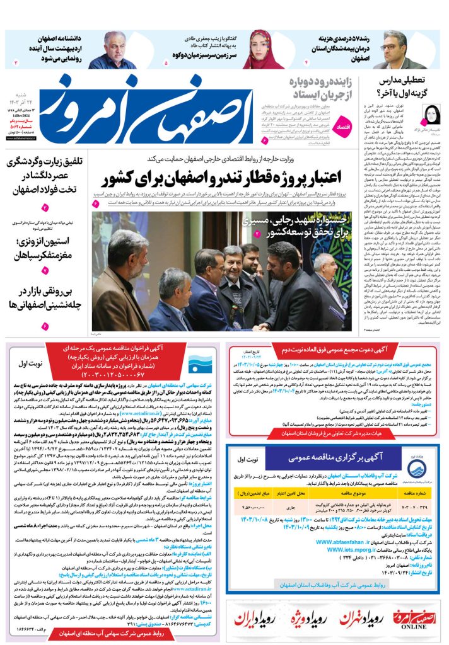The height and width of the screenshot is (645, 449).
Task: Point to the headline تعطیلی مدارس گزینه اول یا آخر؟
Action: pos(404,88)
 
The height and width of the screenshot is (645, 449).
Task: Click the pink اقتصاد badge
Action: pos(345,123)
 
